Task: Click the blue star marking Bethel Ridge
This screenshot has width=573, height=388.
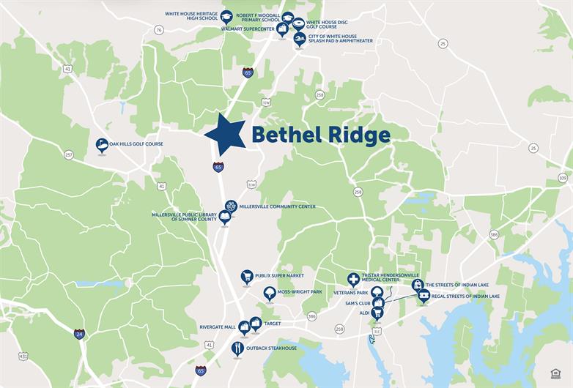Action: tap(225, 135)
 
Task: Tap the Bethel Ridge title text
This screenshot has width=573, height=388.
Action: tap(320, 135)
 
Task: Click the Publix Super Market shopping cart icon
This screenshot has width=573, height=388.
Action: tap(247, 277)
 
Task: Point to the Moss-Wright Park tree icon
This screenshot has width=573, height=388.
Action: tap(270, 293)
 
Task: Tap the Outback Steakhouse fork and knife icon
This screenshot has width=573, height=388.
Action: tap(237, 348)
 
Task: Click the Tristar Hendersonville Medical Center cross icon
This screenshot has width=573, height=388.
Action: tap(353, 279)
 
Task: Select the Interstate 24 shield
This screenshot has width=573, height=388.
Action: tap(79, 334)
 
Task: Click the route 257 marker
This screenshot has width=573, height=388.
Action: tap(69, 154)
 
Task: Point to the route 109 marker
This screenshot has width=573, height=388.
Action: tap(562, 178)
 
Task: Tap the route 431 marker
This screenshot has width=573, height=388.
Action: tap(23, 357)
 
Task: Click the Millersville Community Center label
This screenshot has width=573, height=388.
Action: tap(277, 206)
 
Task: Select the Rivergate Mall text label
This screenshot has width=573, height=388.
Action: tap(218, 327)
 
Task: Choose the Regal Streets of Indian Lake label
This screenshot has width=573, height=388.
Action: tap(465, 296)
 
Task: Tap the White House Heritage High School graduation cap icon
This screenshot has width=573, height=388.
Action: tap(226, 15)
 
